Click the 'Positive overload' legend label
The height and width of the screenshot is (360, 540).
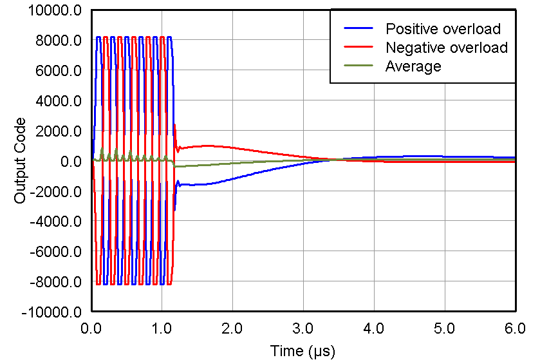[443, 28]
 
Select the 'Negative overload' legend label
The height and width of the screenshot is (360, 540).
[446, 48]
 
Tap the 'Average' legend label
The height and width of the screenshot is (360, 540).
[413, 66]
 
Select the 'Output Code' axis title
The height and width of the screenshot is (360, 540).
[21, 161]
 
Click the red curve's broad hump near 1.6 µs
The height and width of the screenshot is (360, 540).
[205, 146]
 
